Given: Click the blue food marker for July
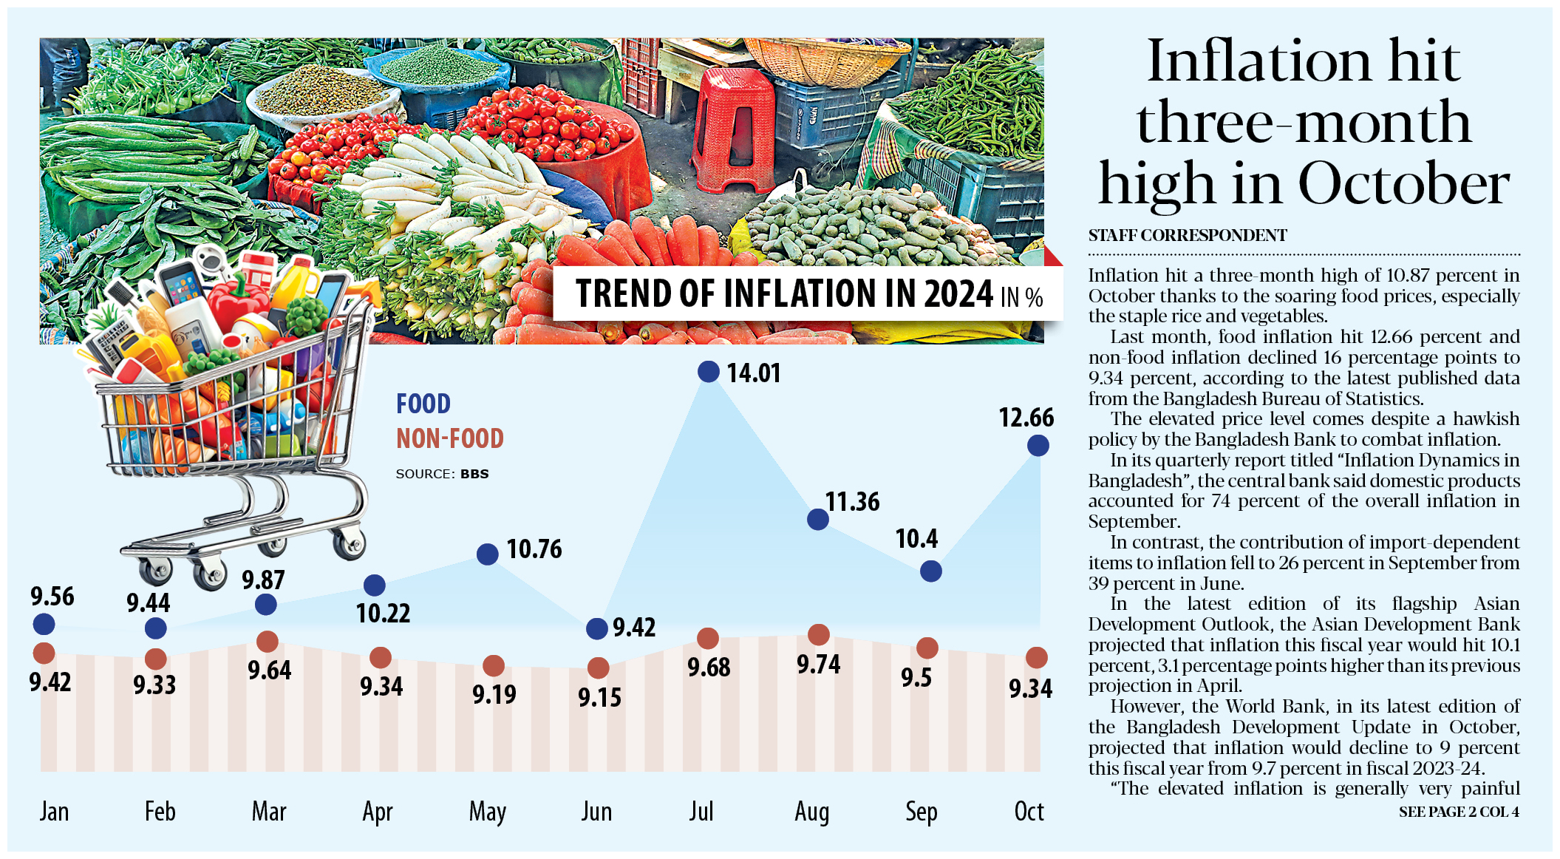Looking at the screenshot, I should (709, 371).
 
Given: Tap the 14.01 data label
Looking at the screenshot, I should (754, 373).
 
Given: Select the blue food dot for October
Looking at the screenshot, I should (1038, 445).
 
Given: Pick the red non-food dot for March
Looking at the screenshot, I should (267, 642).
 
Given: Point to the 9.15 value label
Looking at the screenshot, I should (599, 697).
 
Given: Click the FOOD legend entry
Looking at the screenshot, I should (423, 404).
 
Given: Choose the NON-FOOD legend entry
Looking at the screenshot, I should (450, 438).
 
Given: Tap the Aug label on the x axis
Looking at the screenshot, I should (812, 812).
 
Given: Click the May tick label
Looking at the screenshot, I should (488, 812).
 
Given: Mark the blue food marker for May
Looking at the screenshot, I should (488, 554).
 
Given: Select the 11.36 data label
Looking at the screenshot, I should (853, 502).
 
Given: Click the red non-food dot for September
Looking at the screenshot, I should (927, 648).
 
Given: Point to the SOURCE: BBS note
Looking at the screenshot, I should (442, 474).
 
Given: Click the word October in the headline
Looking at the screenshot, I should (1403, 183).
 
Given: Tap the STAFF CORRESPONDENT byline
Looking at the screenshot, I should (1188, 235).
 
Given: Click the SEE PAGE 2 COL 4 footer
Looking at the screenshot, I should (1459, 812).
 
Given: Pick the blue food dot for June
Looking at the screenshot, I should (597, 628).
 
